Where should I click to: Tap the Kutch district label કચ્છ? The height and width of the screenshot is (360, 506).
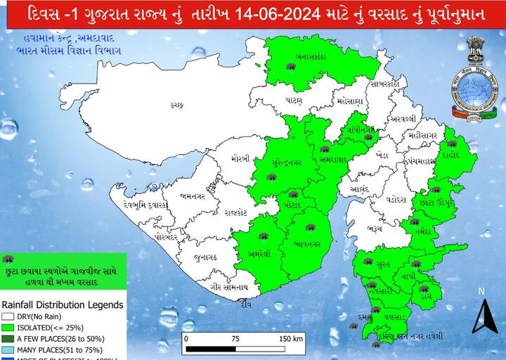tap(176, 105)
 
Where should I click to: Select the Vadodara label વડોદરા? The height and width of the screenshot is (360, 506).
tap(396, 199)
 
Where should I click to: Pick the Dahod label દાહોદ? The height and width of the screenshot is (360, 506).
tap(452, 155)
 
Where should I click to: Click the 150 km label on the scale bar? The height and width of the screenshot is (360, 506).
tap(290, 338)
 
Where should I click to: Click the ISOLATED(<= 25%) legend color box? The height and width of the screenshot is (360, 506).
tap(8, 327)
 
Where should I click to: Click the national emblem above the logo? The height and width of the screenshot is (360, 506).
tap(475, 47)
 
